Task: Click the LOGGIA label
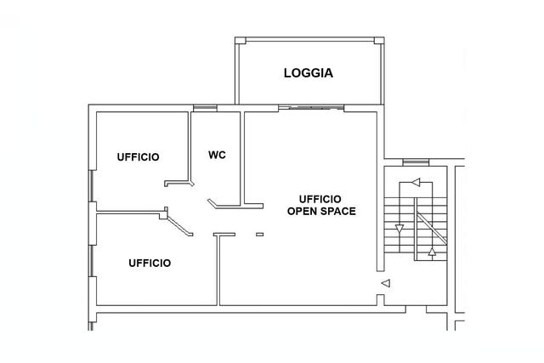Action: tap(309, 73)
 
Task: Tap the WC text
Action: tap(218, 155)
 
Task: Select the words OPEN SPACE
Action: tap(321, 211)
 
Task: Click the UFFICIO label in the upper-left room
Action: tap(138, 157)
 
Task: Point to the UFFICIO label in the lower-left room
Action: tap(150, 263)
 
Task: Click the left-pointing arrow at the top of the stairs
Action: tap(416, 182)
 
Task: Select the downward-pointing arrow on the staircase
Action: tap(399, 229)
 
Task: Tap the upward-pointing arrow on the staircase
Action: tap(432, 252)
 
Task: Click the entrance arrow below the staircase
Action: tap(386, 283)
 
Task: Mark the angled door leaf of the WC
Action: tap(212, 203)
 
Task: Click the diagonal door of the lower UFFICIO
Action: tap(179, 226)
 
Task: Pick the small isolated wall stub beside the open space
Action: tap(260, 235)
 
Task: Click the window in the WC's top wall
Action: tap(205, 108)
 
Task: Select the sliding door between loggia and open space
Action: tap(311, 108)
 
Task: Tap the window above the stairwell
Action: tap(416, 162)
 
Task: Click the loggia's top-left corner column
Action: tap(240, 41)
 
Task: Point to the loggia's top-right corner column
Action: tap(379, 41)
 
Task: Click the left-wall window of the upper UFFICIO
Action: tap(92, 186)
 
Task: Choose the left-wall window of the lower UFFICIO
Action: tap(92, 261)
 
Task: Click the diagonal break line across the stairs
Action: tap(431, 228)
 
